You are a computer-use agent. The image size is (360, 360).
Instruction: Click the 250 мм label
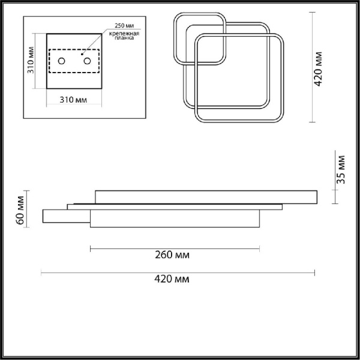point(124,25)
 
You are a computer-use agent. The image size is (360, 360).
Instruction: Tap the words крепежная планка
point(124,35)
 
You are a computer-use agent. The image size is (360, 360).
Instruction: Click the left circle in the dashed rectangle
point(61,61)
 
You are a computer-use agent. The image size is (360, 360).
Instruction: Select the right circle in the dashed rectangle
point(87,61)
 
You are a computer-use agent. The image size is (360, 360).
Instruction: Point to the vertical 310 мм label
point(31,60)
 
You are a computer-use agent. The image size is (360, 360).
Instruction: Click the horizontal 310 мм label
point(73,100)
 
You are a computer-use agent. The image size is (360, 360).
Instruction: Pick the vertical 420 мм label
point(318,69)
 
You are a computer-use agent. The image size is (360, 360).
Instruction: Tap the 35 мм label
point(341,170)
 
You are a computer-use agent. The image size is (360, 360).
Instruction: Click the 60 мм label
point(20,210)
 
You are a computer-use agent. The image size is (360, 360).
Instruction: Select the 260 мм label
point(172,255)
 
